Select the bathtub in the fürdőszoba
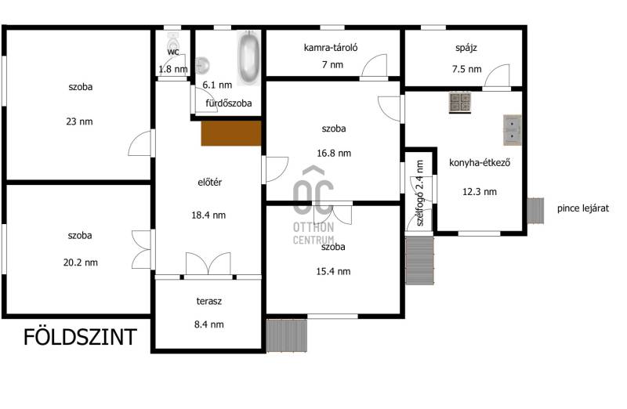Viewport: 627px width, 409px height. point(248,57)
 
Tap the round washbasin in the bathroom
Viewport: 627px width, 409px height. point(202,66)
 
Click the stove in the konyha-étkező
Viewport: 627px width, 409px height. point(460,103)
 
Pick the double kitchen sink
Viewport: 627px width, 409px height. point(513,130)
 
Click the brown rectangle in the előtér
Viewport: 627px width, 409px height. point(231,133)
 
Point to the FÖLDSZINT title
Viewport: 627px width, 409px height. point(81,337)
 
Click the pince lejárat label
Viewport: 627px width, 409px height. point(583,208)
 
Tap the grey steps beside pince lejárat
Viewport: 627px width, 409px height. point(535,210)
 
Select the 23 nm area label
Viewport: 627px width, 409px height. point(79,121)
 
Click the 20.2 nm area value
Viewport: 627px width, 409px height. point(81,262)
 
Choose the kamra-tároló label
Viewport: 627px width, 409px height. point(331,48)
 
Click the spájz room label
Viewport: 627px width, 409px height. point(466,49)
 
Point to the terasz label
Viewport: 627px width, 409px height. point(208,301)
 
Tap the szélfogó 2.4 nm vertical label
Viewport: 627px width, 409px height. point(420,193)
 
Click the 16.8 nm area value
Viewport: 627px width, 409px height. point(334,153)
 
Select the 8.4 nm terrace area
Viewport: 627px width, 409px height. point(208,324)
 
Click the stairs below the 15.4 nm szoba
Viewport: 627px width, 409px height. point(286,335)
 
